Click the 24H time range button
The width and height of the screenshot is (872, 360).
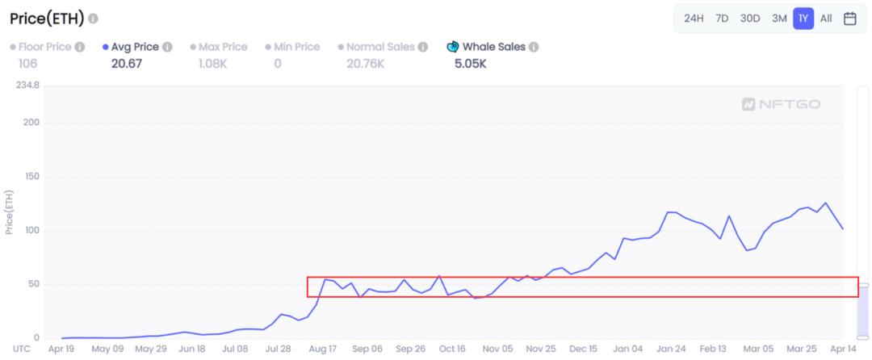pos(694,19)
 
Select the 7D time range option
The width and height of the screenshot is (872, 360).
pos(723,19)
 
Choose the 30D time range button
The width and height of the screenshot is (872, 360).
pos(750,19)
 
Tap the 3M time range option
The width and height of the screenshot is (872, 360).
pos(779,19)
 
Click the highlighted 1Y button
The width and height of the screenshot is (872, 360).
pos(803,19)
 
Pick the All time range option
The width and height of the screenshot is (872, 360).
pos(826,19)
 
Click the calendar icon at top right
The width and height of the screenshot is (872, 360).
pos(849,19)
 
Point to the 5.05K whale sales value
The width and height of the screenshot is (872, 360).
pos(470,63)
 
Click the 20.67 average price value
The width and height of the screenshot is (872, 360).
pos(126,63)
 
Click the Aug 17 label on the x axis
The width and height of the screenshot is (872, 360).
pos(322,350)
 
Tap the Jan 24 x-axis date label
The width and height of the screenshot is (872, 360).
pos(670,350)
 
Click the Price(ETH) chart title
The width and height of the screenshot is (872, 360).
pos(42,18)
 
